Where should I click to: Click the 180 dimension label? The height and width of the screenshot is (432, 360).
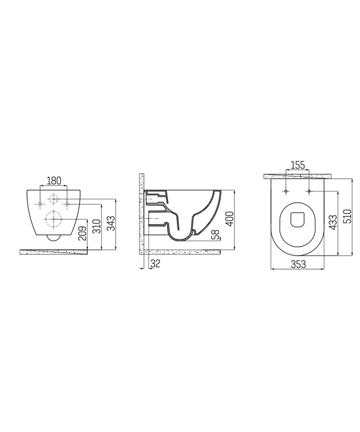coord(54,181)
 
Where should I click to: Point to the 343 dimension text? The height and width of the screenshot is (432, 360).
coord(111,223)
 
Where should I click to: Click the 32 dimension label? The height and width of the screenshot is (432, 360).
coord(156,263)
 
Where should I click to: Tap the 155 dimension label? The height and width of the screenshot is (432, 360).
coord(297,165)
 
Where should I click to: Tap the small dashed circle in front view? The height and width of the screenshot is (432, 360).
coord(54,199)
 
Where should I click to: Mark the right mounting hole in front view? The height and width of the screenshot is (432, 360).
coord(67,204)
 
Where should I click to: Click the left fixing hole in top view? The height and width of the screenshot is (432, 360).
coord(286,192)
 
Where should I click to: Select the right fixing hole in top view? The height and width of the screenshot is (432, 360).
coord(309,192)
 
